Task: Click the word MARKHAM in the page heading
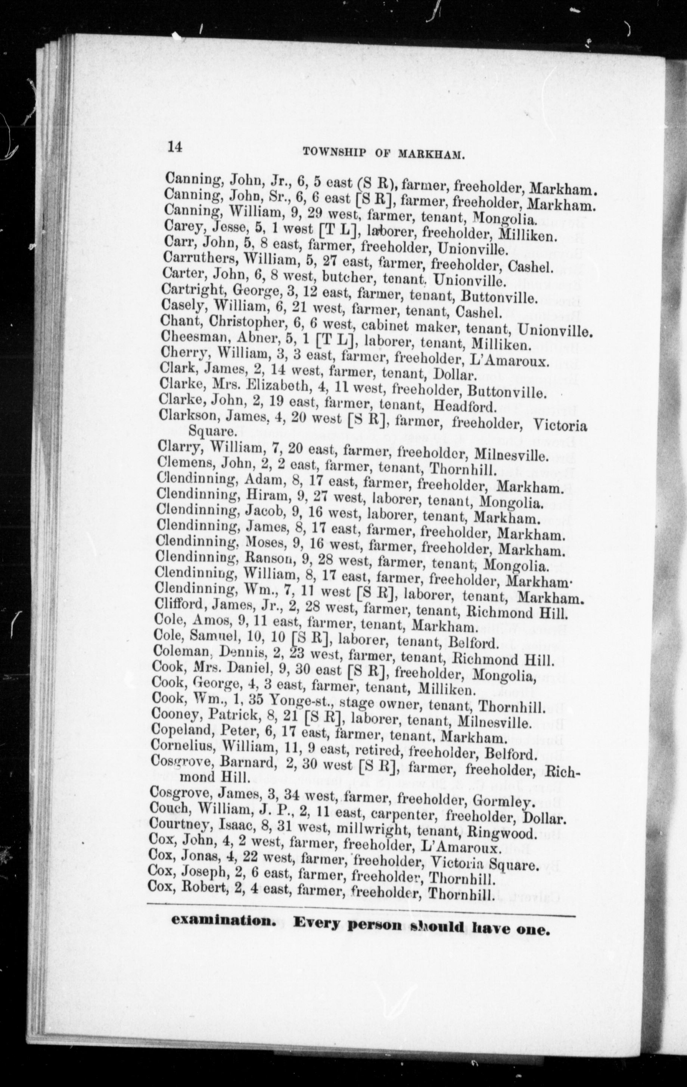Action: click(x=432, y=153)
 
